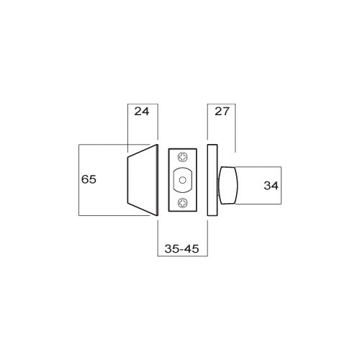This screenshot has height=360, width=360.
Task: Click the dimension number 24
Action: point(142,112)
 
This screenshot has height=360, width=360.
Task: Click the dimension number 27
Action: point(221,112)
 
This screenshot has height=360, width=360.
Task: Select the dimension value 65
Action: point(89,179)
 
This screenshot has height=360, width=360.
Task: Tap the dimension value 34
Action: point(271,186)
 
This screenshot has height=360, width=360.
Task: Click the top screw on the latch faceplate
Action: point(183,156)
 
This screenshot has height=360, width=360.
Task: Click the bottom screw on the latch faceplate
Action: point(183,203)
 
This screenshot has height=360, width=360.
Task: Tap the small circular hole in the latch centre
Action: point(183,179)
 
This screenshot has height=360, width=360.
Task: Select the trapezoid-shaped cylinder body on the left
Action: point(143,180)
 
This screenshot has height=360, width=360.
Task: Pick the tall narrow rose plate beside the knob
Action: point(211,180)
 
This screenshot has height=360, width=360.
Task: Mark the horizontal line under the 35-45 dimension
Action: point(181,256)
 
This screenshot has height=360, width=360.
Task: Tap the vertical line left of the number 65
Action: point(78,179)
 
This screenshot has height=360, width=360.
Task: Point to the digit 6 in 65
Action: point(85,179)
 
